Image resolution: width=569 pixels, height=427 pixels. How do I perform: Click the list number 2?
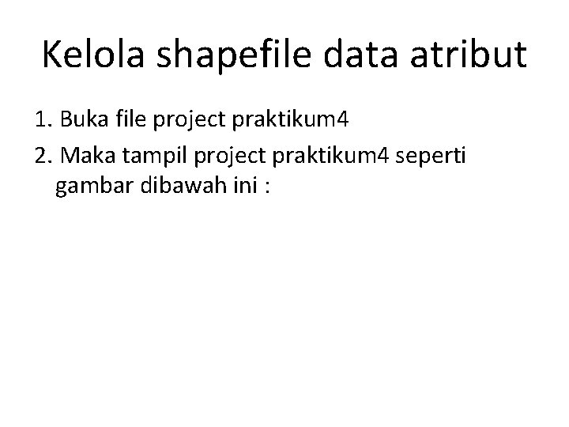coord(43,156)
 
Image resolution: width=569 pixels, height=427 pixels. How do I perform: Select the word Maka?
coord(84,156)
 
